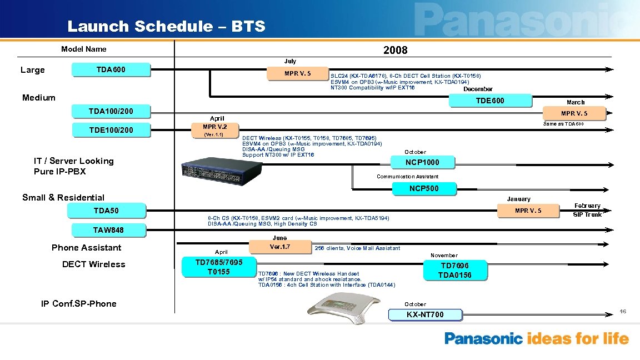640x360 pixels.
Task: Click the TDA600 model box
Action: click(111, 70)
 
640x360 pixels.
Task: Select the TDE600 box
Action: click(491, 101)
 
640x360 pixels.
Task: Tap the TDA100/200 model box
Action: click(111, 111)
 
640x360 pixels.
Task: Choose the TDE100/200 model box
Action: click(111, 131)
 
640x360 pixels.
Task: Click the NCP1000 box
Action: click(423, 162)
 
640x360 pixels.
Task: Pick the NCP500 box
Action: click(424, 188)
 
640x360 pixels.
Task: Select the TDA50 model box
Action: click(106, 211)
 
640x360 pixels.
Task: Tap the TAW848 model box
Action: click(109, 230)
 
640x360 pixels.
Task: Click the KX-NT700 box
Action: click(425, 315)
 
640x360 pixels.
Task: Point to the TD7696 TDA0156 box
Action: click(456, 271)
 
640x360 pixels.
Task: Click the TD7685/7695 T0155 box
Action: click(219, 267)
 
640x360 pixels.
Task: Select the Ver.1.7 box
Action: click(279, 247)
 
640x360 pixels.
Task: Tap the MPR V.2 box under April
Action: click(215, 127)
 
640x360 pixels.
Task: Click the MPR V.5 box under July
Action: click(298, 73)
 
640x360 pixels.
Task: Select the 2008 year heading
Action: click(395, 50)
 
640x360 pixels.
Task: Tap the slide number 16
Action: click(623, 312)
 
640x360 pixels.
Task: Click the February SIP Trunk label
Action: click(587, 210)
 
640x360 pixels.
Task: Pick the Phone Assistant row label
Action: click(86, 248)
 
